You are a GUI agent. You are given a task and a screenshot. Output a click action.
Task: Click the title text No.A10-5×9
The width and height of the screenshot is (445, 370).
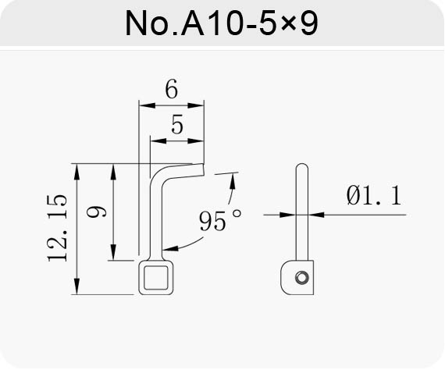pyautogui.click(x=222, y=23)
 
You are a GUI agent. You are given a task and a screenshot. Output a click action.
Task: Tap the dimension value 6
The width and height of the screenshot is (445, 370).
pyautogui.click(x=172, y=89)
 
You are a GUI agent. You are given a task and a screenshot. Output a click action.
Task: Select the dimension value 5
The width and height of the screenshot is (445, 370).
pyautogui.click(x=177, y=124)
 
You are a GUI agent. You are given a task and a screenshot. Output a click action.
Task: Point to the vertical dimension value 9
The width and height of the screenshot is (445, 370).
pyautogui.click(x=97, y=212)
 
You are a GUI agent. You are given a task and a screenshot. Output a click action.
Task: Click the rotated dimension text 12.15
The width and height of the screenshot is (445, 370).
pyautogui.click(x=57, y=228)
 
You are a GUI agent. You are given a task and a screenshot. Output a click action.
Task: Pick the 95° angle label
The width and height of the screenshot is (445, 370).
pyautogui.click(x=220, y=220)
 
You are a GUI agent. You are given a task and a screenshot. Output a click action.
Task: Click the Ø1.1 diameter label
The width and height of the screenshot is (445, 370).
pyautogui.click(x=374, y=195)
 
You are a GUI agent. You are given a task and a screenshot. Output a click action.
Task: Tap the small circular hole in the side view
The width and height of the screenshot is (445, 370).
pyautogui.click(x=301, y=277)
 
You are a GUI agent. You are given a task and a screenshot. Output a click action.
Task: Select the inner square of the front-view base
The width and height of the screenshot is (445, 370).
pyautogui.click(x=156, y=278)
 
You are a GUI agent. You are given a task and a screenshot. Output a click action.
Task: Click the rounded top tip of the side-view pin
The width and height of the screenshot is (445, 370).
pyautogui.click(x=301, y=165)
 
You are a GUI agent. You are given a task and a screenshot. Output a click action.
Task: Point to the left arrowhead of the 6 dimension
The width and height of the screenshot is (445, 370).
pyautogui.click(x=147, y=105)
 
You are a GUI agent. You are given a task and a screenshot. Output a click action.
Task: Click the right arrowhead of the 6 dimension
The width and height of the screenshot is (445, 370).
pyautogui.click(x=196, y=105)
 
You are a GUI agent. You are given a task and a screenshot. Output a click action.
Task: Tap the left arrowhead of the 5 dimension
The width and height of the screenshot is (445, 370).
pyautogui.click(x=158, y=141)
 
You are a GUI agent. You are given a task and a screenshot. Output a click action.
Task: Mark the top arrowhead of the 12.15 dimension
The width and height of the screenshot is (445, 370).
pyautogui.click(x=77, y=172)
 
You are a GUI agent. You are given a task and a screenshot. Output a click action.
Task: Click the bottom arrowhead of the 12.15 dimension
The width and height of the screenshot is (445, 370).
pyautogui.click(x=77, y=286)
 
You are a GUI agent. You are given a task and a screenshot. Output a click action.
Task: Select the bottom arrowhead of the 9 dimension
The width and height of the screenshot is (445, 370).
pyautogui.click(x=113, y=252)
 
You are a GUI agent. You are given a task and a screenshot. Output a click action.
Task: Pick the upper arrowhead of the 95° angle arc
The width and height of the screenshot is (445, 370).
pyautogui.click(x=233, y=180)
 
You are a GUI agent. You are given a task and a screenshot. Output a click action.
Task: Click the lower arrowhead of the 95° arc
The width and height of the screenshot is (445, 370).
pyautogui.click(x=170, y=248)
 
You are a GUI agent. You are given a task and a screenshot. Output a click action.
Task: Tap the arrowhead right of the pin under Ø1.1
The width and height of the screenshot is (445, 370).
pyautogui.click(x=316, y=215)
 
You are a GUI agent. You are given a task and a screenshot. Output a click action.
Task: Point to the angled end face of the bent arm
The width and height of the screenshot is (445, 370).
pyautogui.click(x=203, y=169)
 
